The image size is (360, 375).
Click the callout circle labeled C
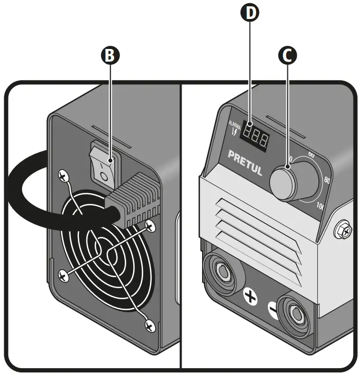[286, 55]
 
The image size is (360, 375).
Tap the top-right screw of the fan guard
[150, 226]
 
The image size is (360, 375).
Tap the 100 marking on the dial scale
[321, 205]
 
